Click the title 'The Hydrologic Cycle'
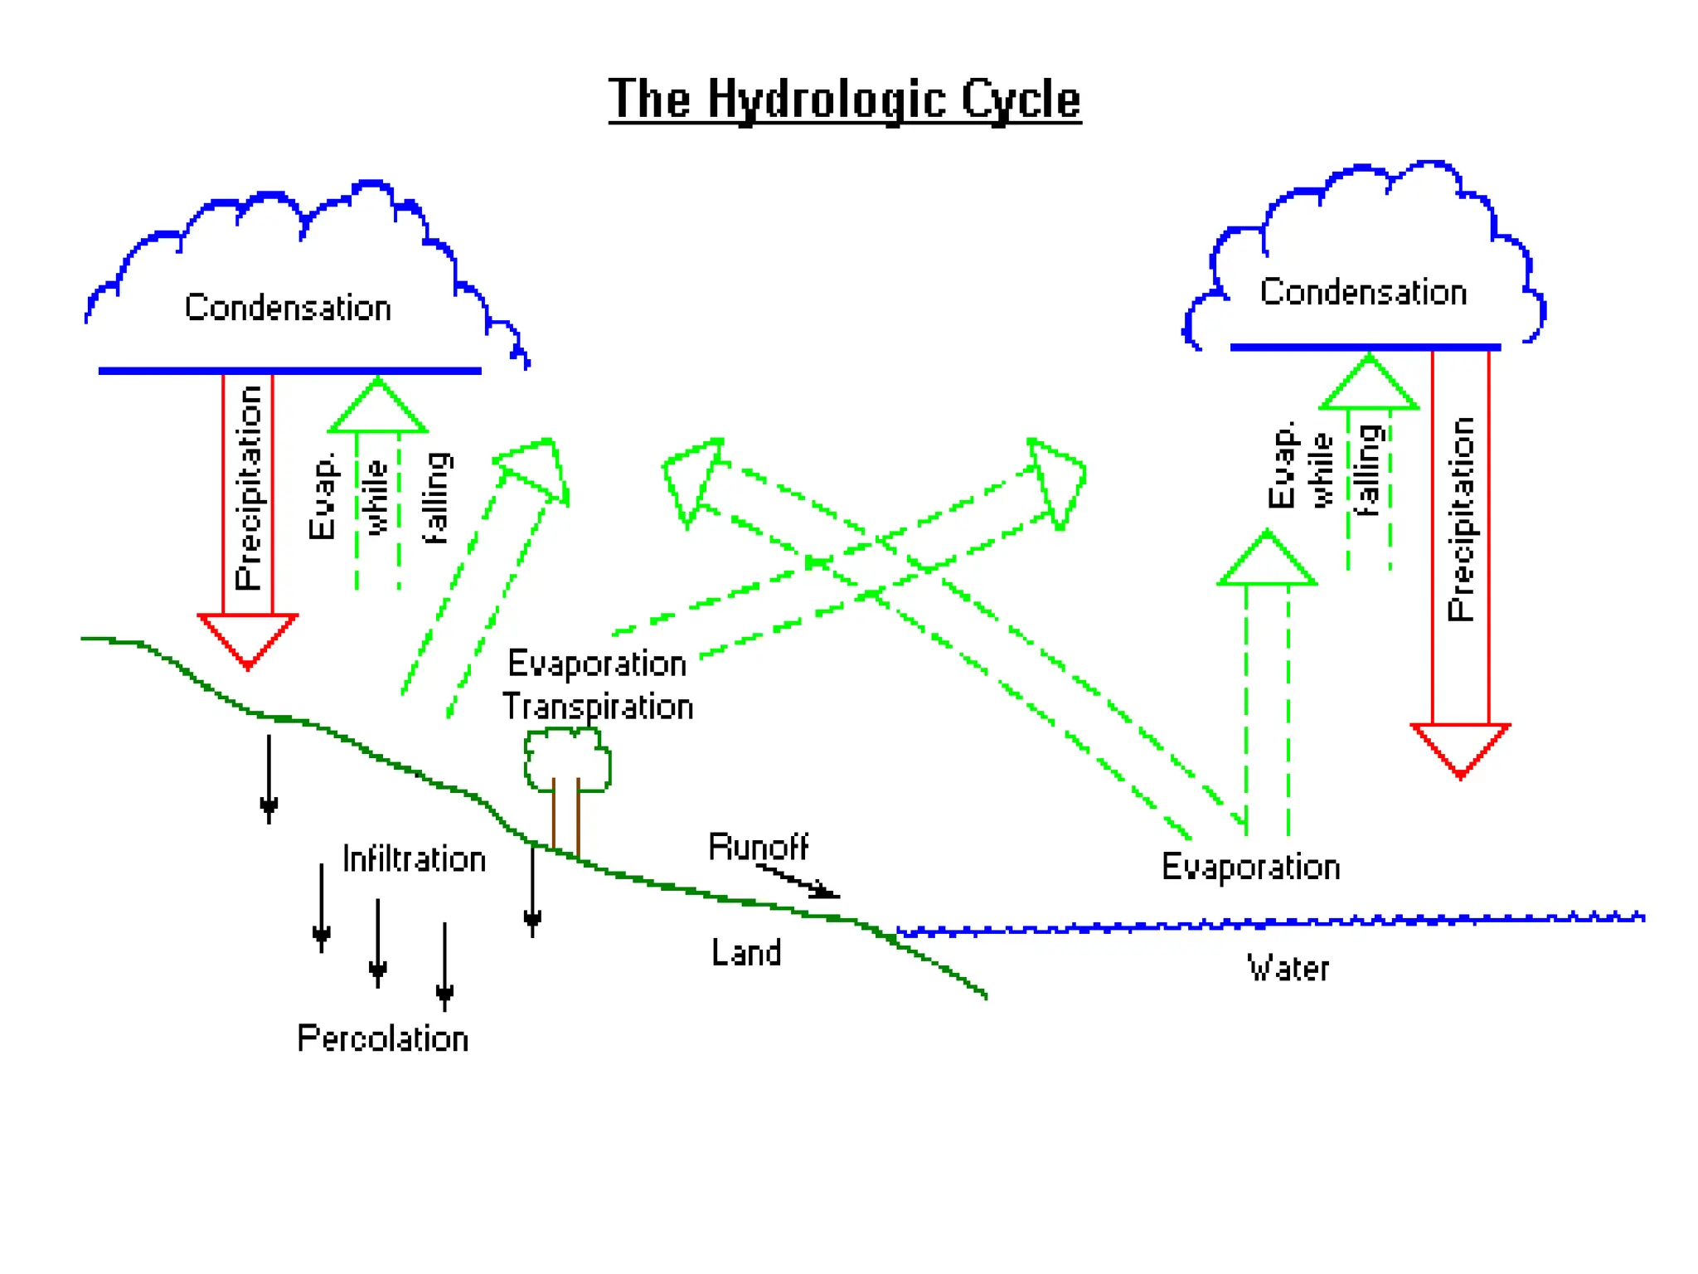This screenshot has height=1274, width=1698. coord(844,100)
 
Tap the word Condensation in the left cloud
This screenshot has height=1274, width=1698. coord(288,308)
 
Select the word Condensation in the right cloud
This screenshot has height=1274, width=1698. coord(1363,293)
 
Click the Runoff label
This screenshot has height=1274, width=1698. coord(758,847)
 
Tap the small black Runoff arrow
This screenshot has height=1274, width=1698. coord(800,883)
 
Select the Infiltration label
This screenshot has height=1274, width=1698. coord(414,859)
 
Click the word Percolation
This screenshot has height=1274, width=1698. coord(383,1038)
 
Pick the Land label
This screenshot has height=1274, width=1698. coord(746,953)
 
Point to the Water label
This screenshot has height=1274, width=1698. coord(1288,969)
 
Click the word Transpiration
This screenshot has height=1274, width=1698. coord(598,707)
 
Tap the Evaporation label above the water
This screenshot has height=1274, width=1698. coord(1250,867)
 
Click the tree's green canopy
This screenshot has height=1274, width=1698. coord(567,756)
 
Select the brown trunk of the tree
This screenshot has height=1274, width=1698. coord(565,817)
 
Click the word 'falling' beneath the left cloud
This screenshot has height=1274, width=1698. coord(436,498)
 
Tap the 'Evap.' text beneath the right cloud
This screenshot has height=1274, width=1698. coord(1281,464)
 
